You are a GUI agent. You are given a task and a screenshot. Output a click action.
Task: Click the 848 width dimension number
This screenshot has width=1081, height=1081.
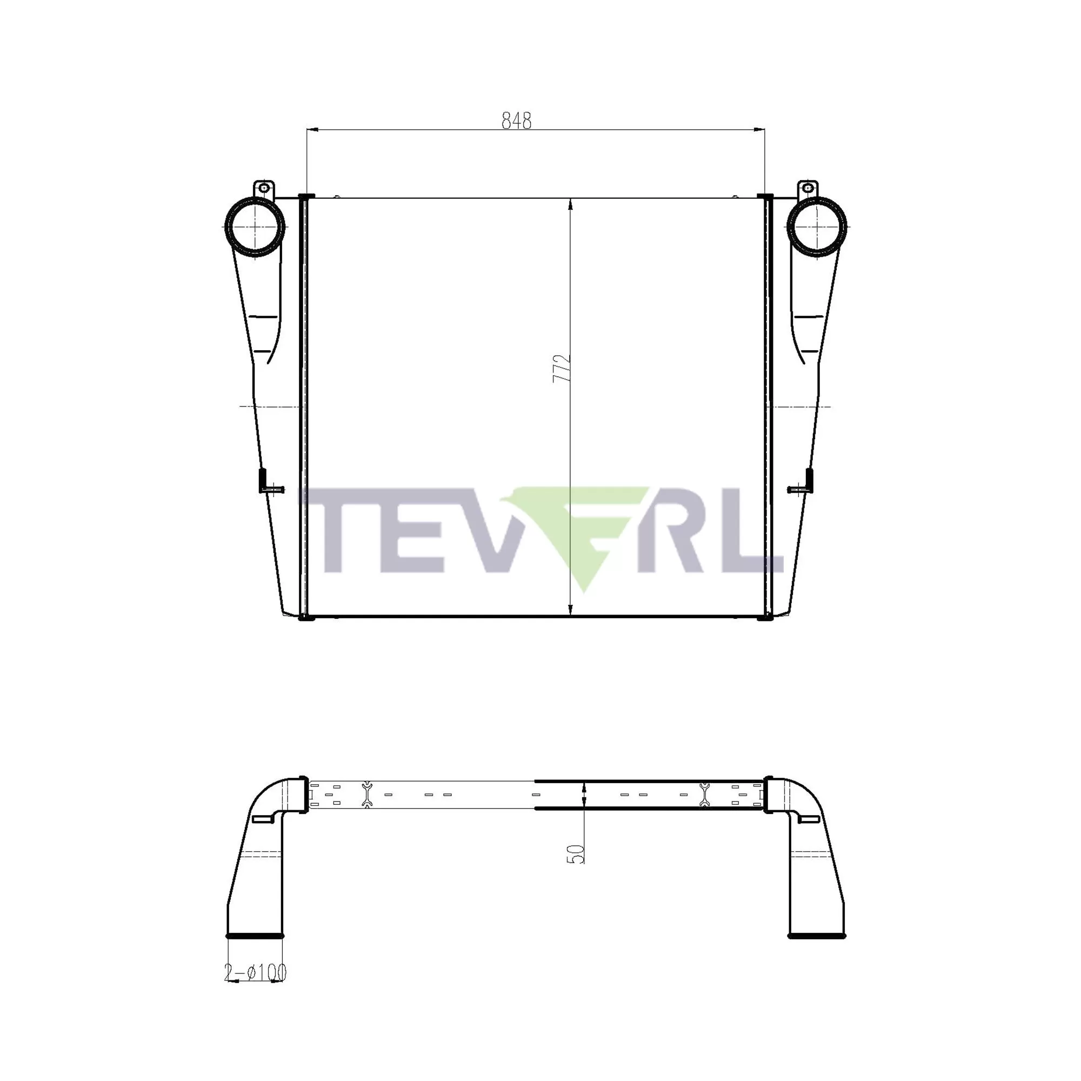pos(516,121)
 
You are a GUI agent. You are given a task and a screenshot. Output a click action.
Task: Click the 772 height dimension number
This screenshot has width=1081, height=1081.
pos(561,368)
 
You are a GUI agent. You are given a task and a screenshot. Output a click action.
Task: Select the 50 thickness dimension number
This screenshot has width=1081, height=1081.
pos(576,853)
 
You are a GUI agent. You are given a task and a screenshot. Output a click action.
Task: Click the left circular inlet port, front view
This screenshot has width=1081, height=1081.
pos(255,227)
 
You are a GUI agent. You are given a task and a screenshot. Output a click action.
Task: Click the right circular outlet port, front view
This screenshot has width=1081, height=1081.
pos(816,227)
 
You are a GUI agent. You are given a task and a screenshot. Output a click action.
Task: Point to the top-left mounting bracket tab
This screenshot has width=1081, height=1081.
pos(263,188)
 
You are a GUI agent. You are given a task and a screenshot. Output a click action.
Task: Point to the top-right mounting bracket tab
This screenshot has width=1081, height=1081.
pos(808,188)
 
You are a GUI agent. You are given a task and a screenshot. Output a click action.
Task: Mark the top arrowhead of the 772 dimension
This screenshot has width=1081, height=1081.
pos(570,204)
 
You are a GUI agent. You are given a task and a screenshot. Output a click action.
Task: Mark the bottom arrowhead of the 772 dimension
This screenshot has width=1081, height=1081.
pos(570,610)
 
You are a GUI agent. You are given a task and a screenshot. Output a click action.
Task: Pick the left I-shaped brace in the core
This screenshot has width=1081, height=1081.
pos(366,795)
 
